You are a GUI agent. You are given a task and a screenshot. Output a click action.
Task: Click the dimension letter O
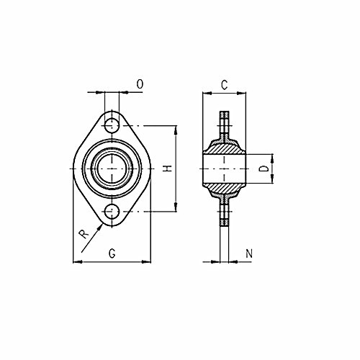pyautogui.click(x=140, y=84)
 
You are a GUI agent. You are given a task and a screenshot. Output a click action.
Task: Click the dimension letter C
pyautogui.click(x=224, y=85)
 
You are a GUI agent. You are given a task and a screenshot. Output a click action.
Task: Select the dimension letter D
pyautogui.click(x=264, y=168)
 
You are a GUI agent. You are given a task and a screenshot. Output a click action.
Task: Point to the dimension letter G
pyautogui.click(x=112, y=253)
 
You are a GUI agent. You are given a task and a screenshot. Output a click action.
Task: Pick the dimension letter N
pyautogui.click(x=249, y=253)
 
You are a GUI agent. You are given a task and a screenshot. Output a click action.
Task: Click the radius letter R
pyautogui.click(x=84, y=234)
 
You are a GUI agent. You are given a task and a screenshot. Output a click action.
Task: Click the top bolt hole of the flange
pyautogui.click(x=112, y=126)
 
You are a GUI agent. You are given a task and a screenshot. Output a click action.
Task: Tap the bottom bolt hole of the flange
pyautogui.click(x=112, y=212)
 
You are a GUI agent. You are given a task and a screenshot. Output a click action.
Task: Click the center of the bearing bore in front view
pyautogui.click(x=112, y=168)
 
